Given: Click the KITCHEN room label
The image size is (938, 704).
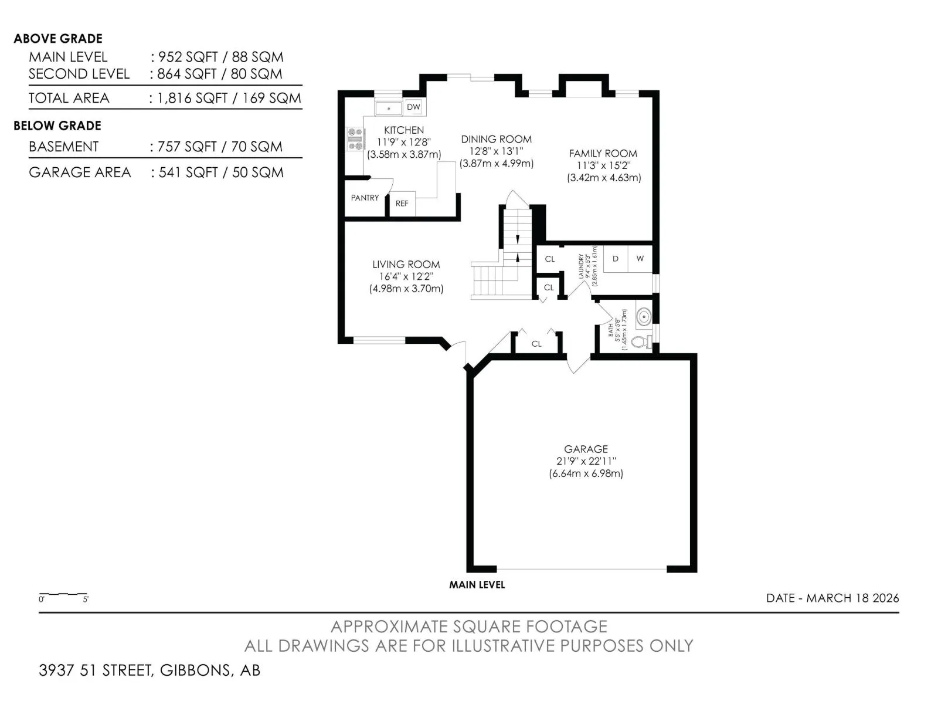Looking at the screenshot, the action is click(x=403, y=130).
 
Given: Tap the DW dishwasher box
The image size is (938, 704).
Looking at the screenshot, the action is click(x=413, y=107).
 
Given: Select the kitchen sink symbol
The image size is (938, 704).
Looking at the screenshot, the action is click(x=389, y=108).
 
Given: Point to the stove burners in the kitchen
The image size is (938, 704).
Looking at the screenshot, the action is click(x=355, y=139).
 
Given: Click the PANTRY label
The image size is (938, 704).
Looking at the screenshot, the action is click(x=365, y=198).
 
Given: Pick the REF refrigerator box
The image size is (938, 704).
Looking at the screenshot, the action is click(x=402, y=204).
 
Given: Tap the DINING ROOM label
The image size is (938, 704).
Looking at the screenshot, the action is click(x=496, y=139).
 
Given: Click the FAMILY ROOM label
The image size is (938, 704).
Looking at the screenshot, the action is click(x=603, y=153).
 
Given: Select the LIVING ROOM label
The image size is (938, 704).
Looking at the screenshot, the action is click(x=406, y=264).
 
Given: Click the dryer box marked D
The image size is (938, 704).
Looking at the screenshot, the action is click(x=616, y=259).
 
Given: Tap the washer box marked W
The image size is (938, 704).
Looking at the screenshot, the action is click(x=640, y=259).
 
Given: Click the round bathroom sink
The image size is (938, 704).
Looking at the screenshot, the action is click(x=644, y=317).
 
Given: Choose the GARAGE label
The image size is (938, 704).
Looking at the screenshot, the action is click(x=586, y=449).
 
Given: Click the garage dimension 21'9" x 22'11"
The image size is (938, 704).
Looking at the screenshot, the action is click(x=586, y=461).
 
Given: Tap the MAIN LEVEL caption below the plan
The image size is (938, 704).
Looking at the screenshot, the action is click(x=477, y=585).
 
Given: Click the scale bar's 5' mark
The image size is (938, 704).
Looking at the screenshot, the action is click(x=86, y=599).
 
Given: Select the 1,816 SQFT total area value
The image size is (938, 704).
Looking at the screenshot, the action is click(x=192, y=98).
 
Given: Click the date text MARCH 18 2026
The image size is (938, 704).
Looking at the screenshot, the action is click(x=852, y=598).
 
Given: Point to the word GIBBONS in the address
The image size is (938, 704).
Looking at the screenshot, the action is click(x=195, y=670).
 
